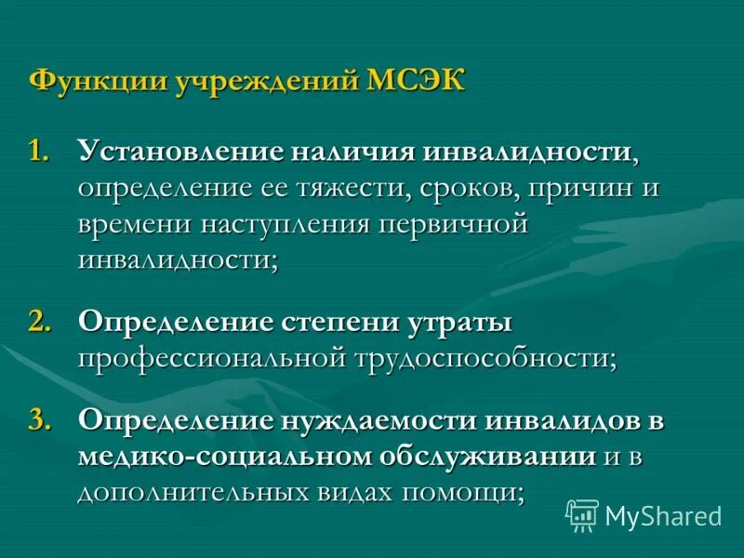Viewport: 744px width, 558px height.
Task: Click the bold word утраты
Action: [460, 322]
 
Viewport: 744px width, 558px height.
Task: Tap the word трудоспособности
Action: [482, 357]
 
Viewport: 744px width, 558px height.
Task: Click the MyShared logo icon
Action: [582, 514]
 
